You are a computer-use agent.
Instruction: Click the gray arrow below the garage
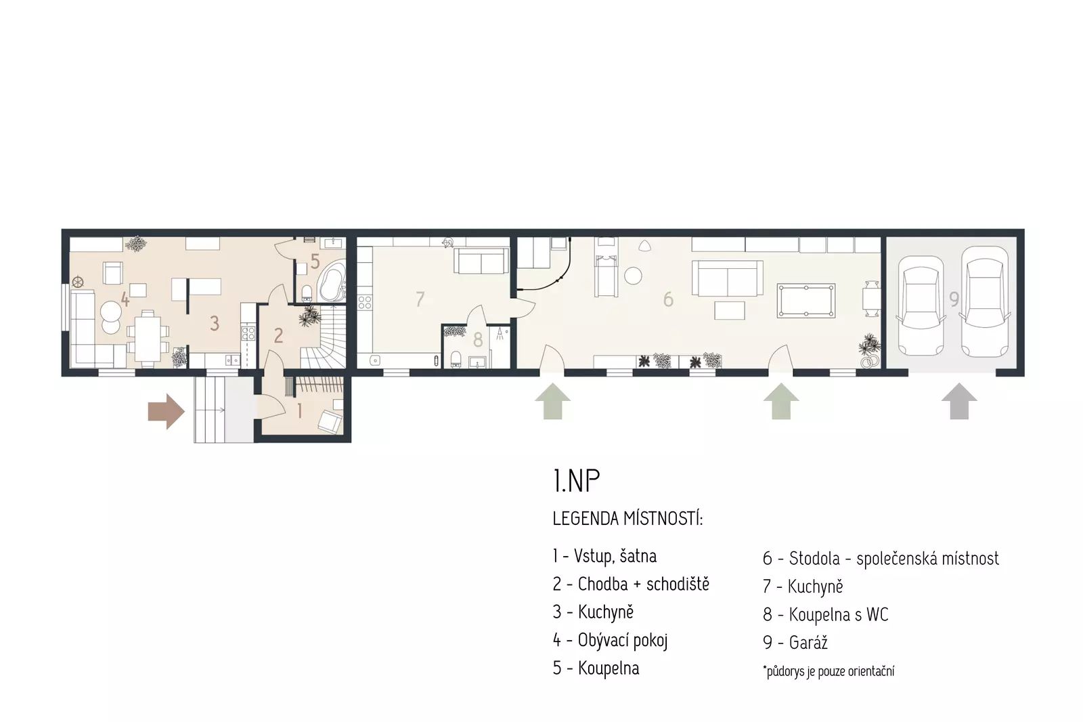pyautogui.click(x=959, y=401)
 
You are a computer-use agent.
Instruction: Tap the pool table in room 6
pyautogui.click(x=806, y=301)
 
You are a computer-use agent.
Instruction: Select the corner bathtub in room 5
pyautogui.click(x=332, y=283)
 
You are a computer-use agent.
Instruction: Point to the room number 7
pyautogui.click(x=420, y=299)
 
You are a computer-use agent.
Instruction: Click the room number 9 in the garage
pyautogui.click(x=954, y=299)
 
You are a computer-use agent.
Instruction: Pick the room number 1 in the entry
pyautogui.click(x=300, y=411)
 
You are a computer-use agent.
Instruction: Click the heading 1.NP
pyautogui.click(x=576, y=480)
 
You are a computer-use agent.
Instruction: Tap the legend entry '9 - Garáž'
pyautogui.click(x=795, y=643)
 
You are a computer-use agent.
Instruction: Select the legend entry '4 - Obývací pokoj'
pyautogui.click(x=610, y=640)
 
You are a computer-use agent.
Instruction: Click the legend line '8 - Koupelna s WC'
pyautogui.click(x=825, y=614)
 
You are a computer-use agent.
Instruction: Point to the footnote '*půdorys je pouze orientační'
pyautogui.click(x=828, y=671)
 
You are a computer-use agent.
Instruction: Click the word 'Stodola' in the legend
pyautogui.click(x=814, y=559)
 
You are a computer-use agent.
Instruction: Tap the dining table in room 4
pyautogui.click(x=148, y=337)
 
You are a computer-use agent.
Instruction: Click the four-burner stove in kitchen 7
pyautogui.click(x=365, y=303)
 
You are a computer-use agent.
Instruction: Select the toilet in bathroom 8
pyautogui.click(x=455, y=359)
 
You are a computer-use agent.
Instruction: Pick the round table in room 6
pyautogui.click(x=633, y=276)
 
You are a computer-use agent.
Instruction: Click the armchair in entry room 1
pyautogui.click(x=330, y=421)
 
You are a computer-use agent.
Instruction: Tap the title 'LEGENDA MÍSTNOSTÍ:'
pyautogui.click(x=627, y=518)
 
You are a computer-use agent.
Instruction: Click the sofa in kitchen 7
pyautogui.click(x=481, y=261)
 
